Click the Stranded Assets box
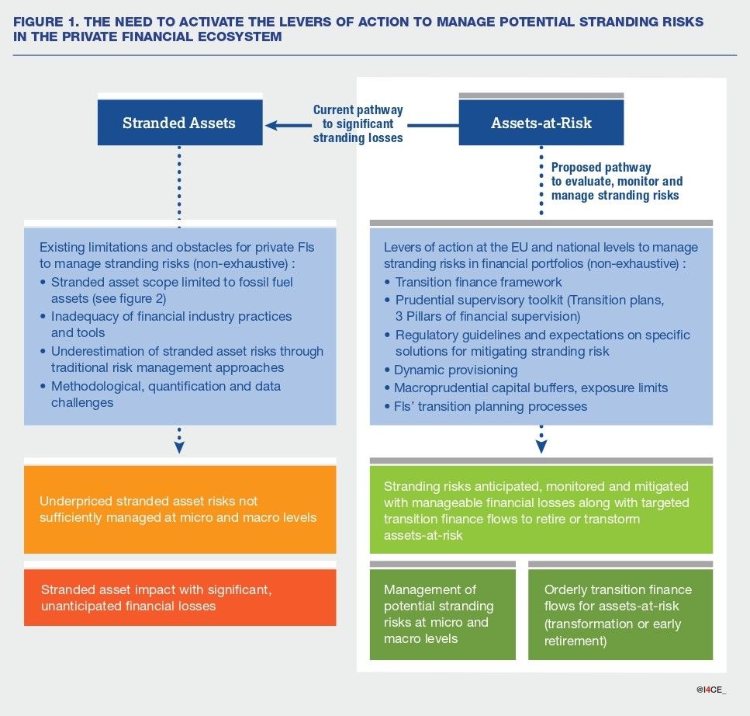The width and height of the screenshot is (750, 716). tap(179, 123)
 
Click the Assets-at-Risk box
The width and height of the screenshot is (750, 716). tap(541, 123)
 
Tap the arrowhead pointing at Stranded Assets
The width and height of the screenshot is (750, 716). tap(271, 124)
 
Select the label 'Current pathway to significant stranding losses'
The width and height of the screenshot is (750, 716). tap(358, 124)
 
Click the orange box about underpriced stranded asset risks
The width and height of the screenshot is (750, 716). tap(180, 509)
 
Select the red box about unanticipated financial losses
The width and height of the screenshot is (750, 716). tap(180, 597)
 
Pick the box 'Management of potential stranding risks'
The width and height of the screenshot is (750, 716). tap(442, 614)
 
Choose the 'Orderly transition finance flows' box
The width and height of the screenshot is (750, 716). tap(620, 614)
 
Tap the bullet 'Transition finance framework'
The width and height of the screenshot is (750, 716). tap(478, 282)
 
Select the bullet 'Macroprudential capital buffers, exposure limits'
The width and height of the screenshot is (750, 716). tap(531, 388)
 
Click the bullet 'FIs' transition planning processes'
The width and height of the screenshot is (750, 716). tap(490, 406)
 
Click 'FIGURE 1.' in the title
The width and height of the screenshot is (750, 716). tap(45, 22)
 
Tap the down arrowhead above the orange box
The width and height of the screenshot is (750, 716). tap(179, 447)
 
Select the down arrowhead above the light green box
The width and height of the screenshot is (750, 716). tap(541, 447)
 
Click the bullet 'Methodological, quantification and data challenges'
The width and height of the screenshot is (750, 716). tap(165, 394)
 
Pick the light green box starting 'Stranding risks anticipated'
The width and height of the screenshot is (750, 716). tap(541, 509)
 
